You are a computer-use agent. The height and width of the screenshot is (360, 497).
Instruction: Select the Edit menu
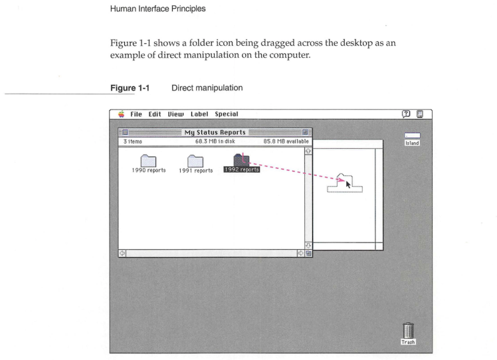click(159, 114)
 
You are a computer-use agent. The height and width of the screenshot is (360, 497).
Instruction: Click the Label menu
click(208, 114)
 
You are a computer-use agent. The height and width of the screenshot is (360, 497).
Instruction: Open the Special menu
click(237, 114)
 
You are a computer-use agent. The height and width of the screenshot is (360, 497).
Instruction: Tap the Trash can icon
click(408, 331)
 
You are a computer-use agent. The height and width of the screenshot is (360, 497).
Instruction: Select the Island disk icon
click(413, 137)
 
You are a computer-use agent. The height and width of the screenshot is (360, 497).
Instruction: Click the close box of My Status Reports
click(125, 132)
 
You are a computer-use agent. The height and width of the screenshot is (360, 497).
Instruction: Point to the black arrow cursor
click(348, 183)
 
